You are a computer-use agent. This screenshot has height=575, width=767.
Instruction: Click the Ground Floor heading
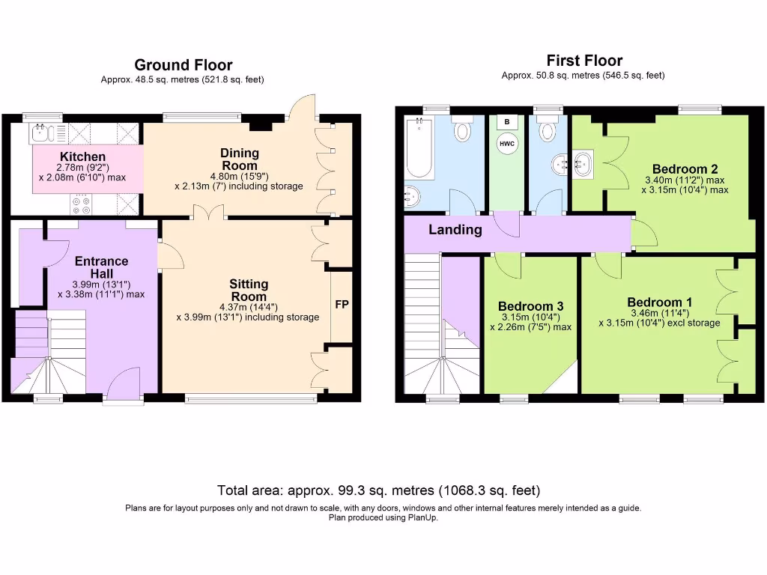tap(183, 66)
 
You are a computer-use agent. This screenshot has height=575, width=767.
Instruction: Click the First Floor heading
tap(584, 61)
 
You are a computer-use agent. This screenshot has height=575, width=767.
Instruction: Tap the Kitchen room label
tap(82, 156)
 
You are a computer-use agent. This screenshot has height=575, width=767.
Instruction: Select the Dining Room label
tap(239, 159)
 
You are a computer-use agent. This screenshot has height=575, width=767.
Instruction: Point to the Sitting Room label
tap(249, 290)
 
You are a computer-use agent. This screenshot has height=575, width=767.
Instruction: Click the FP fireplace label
tap(342, 305)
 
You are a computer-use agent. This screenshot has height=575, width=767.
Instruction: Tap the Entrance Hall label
tap(101, 267)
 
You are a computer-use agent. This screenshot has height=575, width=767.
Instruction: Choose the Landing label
tap(455, 230)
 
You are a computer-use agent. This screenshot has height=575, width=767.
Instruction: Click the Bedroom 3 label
tap(530, 306)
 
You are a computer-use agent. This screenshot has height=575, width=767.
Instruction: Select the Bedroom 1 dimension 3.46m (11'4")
tap(659, 313)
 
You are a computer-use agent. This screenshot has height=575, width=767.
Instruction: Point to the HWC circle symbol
tap(507, 144)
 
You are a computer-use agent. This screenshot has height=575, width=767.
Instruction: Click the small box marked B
tap(507, 121)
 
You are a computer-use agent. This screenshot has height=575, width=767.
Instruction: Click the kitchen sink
tap(41, 134)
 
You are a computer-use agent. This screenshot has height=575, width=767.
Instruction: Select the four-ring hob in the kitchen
tap(80, 203)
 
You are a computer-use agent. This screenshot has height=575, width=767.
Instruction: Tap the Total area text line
tap(378, 491)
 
